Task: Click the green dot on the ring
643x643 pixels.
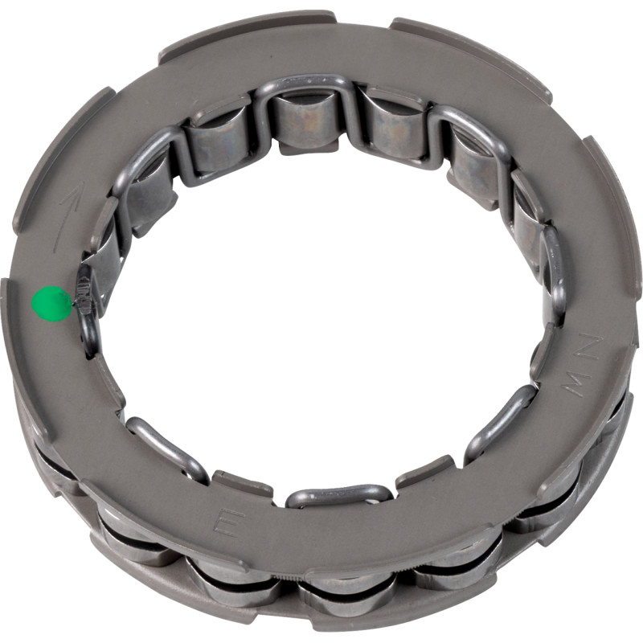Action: tap(51, 304)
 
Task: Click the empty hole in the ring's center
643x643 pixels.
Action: tap(321, 321)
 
